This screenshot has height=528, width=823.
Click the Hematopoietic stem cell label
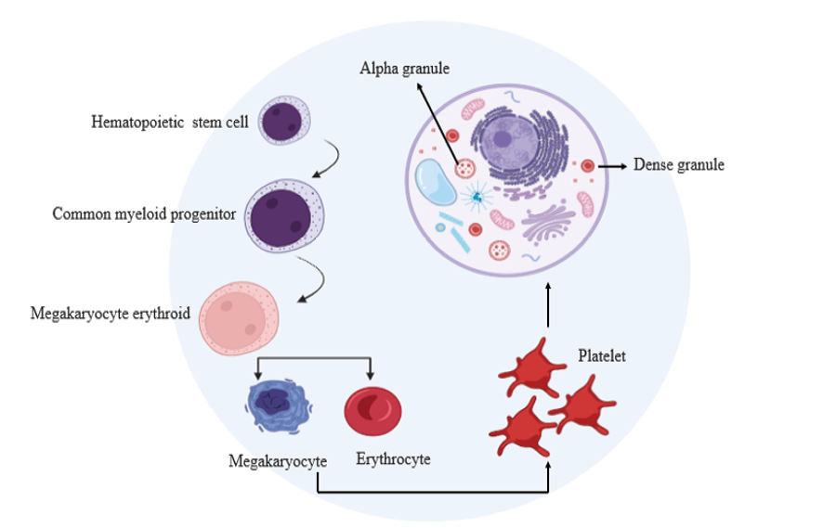pyautogui.click(x=170, y=122)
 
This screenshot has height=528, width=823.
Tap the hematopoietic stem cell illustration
pyautogui.click(x=284, y=121)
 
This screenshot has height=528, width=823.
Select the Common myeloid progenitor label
pyautogui.click(x=144, y=213)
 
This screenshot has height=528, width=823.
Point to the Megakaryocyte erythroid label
pyautogui.click(x=111, y=314)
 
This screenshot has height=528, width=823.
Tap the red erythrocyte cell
pyautogui.click(x=372, y=409)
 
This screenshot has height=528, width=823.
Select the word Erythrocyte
pyautogui.click(x=393, y=459)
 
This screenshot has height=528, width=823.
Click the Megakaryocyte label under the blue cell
pyautogui.click(x=278, y=461)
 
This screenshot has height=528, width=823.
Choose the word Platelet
pyautogui.click(x=602, y=355)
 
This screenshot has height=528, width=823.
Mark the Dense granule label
pyautogui.click(x=678, y=165)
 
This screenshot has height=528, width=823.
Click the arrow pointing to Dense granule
pyautogui.click(x=613, y=165)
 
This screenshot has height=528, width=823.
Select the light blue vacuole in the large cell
pyautogui.click(x=434, y=181)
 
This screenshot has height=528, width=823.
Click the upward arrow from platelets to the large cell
pyautogui.click(x=548, y=304)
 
